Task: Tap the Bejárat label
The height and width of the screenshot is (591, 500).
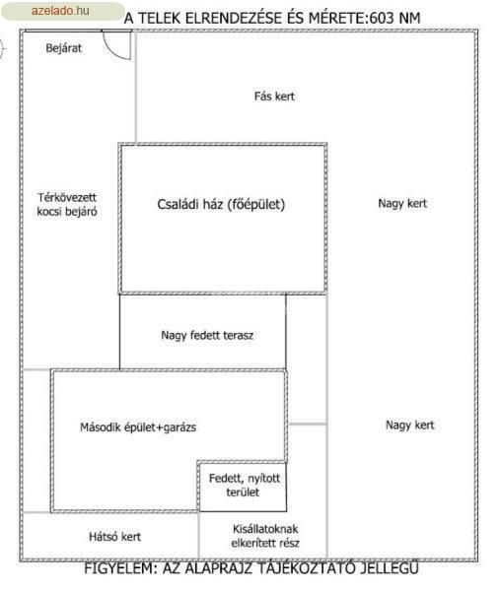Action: coord(64,48)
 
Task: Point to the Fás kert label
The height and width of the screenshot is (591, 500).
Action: coord(274,97)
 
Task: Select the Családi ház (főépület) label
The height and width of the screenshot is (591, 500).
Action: coord(221,204)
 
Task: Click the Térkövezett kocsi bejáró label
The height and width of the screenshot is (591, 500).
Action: coord(67,204)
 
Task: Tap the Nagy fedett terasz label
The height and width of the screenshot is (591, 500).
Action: coord(207,335)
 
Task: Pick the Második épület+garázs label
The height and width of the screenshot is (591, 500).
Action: coord(138,427)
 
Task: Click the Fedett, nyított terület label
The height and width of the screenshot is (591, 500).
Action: coord(245,485)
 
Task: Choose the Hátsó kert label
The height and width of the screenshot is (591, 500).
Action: coord(114,537)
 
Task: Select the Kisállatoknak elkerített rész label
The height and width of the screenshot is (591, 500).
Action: coord(265,536)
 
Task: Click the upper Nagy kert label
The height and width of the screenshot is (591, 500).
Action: coord(402,204)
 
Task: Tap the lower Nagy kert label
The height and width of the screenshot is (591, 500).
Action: coord(410,426)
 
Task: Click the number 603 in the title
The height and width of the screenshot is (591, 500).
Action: coord(382,18)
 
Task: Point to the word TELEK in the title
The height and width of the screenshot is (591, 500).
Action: coord(160,18)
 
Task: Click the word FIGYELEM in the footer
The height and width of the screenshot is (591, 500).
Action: coord(120,568)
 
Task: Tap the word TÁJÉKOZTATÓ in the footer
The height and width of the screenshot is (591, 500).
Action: coord(307,567)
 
